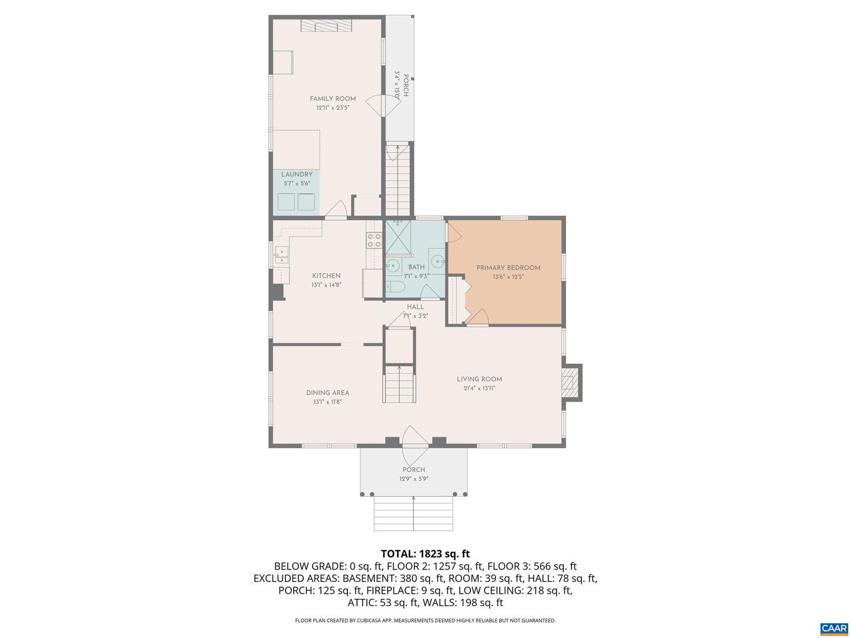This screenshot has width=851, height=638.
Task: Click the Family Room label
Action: pos(333,99)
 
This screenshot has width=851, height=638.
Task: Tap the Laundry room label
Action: pos(297,174)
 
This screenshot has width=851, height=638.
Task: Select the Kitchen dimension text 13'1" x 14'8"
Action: pos(326,285)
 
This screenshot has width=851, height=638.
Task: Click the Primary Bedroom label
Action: pos(508,268)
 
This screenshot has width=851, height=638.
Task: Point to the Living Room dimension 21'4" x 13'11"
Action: pos(479,388)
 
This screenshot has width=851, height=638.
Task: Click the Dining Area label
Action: pos(327,392)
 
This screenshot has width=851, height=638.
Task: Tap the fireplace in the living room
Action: pos(570,382)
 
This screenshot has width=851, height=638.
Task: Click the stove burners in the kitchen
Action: pos(373,240)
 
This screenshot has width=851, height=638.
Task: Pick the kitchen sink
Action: pos(281,256)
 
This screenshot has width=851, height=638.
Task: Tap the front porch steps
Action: pos(413,513)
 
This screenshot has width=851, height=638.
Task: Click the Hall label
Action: pos(415,307)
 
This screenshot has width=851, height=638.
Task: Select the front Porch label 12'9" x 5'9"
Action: pos(414,474)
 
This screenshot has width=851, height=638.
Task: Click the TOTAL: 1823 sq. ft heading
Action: pos(425,554)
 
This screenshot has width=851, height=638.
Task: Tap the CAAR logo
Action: pos(834,628)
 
